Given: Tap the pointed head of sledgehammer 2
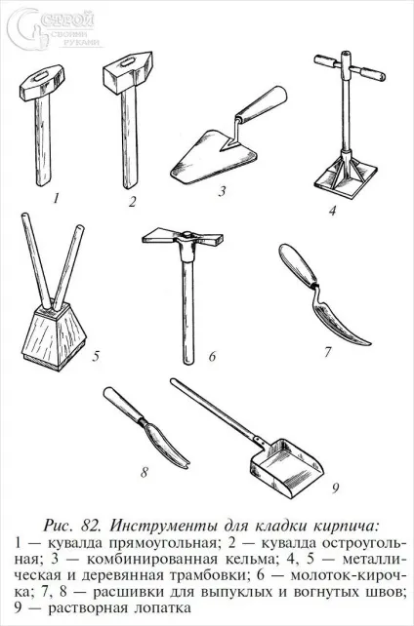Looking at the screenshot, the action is (x=128, y=72).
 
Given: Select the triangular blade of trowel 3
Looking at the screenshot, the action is (x=212, y=156).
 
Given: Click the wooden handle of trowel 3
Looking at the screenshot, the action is (x=262, y=103).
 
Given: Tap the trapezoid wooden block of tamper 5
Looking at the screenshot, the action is (x=53, y=337).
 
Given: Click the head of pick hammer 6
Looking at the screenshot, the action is (x=183, y=239).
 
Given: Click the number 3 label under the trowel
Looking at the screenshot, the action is (x=222, y=191).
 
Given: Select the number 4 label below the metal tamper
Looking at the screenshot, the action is (x=333, y=210).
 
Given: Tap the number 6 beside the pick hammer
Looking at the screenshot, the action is (x=212, y=356).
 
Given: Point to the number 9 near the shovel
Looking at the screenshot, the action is (x=335, y=488).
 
